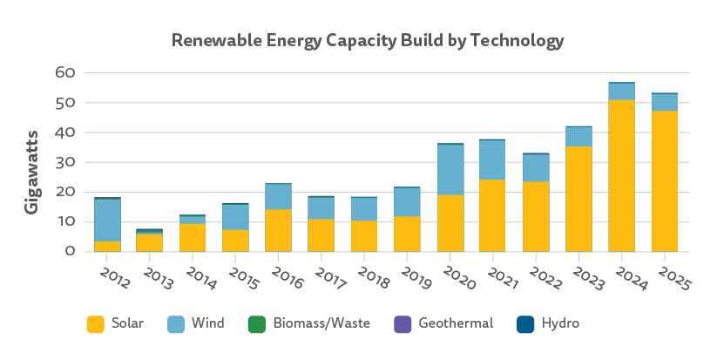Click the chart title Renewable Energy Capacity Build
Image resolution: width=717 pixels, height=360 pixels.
click(x=367, y=41)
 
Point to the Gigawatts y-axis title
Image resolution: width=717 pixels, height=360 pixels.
click(x=30, y=163)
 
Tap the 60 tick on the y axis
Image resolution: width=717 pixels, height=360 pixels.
click(x=65, y=73)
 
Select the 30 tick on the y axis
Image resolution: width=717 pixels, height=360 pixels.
click(x=65, y=162)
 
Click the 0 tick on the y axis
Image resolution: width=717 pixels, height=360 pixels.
click(x=70, y=251)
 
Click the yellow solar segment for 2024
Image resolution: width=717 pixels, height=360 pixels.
click(x=621, y=175)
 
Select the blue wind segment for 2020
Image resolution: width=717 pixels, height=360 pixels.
click(x=450, y=169)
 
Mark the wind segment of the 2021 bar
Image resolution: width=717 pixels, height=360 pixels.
click(x=493, y=160)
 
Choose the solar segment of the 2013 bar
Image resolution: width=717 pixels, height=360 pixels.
click(x=151, y=243)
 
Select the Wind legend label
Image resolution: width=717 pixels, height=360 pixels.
click(x=208, y=323)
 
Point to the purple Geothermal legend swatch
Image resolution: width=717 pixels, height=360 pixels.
click(x=400, y=324)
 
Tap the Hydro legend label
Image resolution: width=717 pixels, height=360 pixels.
click(x=561, y=323)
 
